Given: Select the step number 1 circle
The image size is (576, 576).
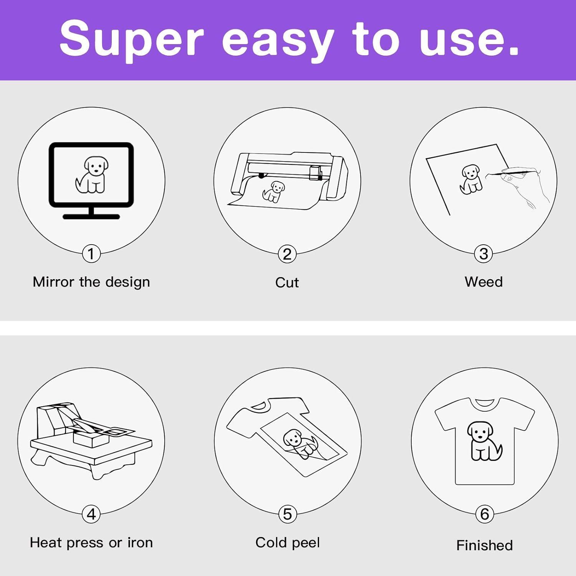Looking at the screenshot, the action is point(91,253).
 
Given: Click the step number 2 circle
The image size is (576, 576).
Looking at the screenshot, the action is point(287,254).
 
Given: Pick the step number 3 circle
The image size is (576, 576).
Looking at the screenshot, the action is point(484,253).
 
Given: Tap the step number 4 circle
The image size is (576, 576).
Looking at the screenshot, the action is point(91,514).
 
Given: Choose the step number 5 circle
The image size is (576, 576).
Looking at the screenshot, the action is point(288,514).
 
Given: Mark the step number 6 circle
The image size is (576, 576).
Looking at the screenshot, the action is point(485,514).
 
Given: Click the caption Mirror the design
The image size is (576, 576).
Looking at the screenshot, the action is point(91,282).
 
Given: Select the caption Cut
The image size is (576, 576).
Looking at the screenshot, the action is point(287,283).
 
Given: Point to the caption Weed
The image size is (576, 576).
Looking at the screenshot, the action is point(483,282).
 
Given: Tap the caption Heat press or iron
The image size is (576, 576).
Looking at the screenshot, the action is point(91,543).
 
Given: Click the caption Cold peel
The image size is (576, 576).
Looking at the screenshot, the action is point(288,543).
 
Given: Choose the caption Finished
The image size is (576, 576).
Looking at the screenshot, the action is point(485,545).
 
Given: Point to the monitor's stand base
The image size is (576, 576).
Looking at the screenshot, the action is point(91,217).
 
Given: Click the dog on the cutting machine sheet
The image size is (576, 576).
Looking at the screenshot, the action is point(273,192).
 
